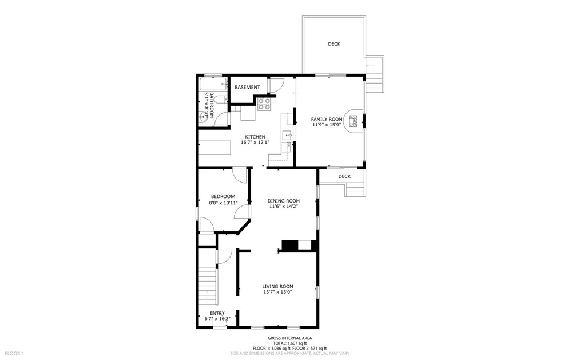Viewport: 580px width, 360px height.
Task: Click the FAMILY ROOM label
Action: pos(326,119)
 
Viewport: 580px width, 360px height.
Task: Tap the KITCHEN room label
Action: pos(255,137)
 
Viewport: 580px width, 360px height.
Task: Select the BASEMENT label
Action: pos(247,88)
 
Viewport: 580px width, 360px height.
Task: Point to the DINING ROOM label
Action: pos(284,201)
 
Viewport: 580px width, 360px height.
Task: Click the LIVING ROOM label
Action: pos(277,286)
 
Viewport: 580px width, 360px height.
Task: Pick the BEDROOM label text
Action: pos(223,196)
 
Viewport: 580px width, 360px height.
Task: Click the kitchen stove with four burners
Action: pos(264,104)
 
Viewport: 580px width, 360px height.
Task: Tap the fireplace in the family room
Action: pos(353,121)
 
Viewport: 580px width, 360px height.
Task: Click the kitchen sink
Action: pos(287,136)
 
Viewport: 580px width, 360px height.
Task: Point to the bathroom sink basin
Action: pos(202,117)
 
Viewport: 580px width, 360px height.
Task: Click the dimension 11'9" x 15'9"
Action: pos(326,125)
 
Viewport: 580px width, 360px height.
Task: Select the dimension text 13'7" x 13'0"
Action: pos(277,292)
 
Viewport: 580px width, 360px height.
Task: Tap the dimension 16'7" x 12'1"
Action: pos(255,143)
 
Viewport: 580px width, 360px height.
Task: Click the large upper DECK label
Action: pos(334,44)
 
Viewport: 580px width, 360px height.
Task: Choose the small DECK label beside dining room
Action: pos(344,176)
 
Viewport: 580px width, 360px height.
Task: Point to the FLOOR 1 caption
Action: pos(15,354)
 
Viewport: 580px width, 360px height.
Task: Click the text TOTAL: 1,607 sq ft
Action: pos(289,343)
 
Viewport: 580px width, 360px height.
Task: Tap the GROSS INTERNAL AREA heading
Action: pos(289,338)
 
